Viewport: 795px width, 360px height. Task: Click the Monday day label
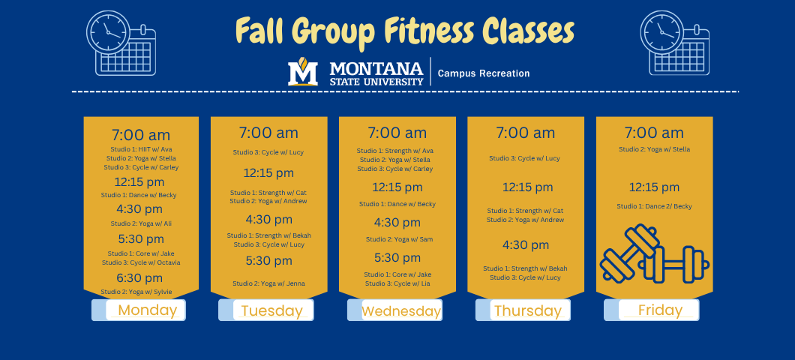pos(147,310)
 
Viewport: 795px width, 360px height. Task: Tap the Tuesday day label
pos(271,310)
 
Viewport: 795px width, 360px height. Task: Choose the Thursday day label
pos(527,310)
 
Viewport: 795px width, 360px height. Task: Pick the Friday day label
pos(660,310)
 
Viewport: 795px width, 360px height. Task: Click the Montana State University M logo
pos(303,73)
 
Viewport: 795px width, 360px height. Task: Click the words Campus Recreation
pos(484,73)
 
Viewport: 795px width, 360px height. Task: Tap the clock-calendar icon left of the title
pos(121,43)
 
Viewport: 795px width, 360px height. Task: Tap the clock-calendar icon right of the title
pos(673,43)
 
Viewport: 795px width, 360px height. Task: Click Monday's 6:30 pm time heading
pos(140,278)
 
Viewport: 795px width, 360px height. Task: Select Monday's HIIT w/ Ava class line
pos(140,149)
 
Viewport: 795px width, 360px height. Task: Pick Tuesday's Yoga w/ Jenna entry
pos(268,283)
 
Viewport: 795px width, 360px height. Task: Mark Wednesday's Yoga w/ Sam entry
pos(398,239)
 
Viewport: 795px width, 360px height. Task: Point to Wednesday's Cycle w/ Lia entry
pos(398,283)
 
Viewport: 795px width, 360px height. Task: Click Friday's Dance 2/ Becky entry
pos(654,206)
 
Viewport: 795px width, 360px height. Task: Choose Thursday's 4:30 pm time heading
pos(526,245)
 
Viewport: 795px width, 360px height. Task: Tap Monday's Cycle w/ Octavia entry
pos(140,262)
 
